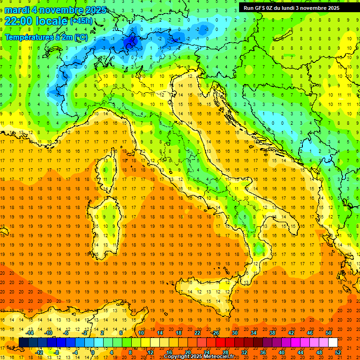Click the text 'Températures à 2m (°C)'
45,37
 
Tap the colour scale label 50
328,333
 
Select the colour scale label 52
337,352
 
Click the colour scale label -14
29,333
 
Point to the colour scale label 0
93,352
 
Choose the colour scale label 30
234,333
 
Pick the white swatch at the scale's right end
333,342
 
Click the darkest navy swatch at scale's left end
23,342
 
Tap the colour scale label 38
272,333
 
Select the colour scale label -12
39,352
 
